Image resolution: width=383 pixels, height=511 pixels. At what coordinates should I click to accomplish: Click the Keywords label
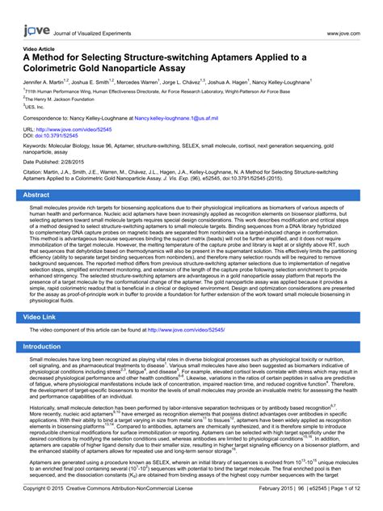click(37, 146)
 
